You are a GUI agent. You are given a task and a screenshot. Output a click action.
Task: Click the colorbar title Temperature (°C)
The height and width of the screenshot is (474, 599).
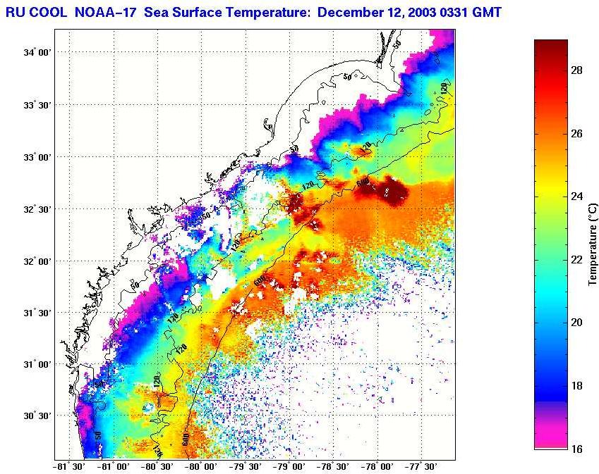point(593,244)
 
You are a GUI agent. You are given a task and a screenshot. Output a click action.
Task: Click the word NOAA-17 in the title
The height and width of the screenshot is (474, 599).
point(104,12)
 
